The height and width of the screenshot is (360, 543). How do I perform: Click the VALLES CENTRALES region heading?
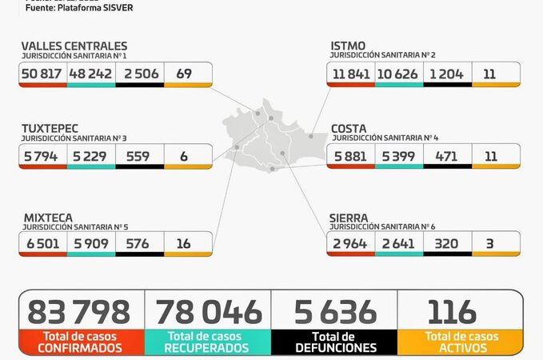pos(74,46)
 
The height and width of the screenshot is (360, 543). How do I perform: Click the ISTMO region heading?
pos(350,46)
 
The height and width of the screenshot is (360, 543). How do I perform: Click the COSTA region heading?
pos(349,128)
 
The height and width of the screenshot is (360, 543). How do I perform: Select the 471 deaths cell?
pos(447,156)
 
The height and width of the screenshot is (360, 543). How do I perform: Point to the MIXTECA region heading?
pos(47,217)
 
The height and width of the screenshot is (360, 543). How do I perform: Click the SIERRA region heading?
pos(349,217)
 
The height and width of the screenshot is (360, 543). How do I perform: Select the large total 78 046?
pos(208,311)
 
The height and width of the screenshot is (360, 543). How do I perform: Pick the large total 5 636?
pos(334,311)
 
